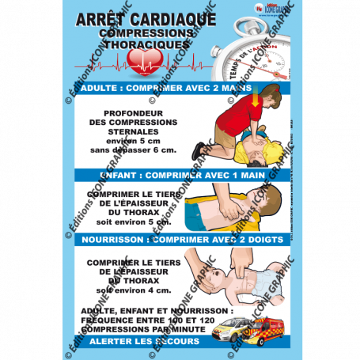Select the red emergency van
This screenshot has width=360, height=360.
coord(270,324)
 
